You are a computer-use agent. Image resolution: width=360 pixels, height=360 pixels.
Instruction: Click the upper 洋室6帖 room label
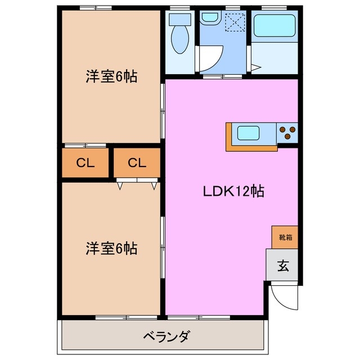point(111,77)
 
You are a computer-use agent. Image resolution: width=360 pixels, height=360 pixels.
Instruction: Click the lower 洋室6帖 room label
point(111,247)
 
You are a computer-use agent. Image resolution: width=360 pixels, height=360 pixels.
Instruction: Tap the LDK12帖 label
point(233,191)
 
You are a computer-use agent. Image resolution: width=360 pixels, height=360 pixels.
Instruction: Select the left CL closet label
point(85,164)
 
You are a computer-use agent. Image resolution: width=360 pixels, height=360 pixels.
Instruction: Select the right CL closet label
point(137,164)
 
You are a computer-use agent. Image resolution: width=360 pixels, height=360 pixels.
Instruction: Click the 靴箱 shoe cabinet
point(285,237)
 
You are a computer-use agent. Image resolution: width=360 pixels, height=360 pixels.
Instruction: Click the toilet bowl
point(180,39)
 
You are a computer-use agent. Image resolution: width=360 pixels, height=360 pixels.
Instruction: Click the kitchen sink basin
point(248,133)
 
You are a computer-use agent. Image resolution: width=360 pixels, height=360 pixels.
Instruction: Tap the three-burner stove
point(287,133)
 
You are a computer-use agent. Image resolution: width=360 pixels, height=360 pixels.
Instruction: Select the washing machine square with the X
point(233,23)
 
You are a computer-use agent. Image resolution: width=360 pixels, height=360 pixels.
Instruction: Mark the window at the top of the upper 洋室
point(94,7)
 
